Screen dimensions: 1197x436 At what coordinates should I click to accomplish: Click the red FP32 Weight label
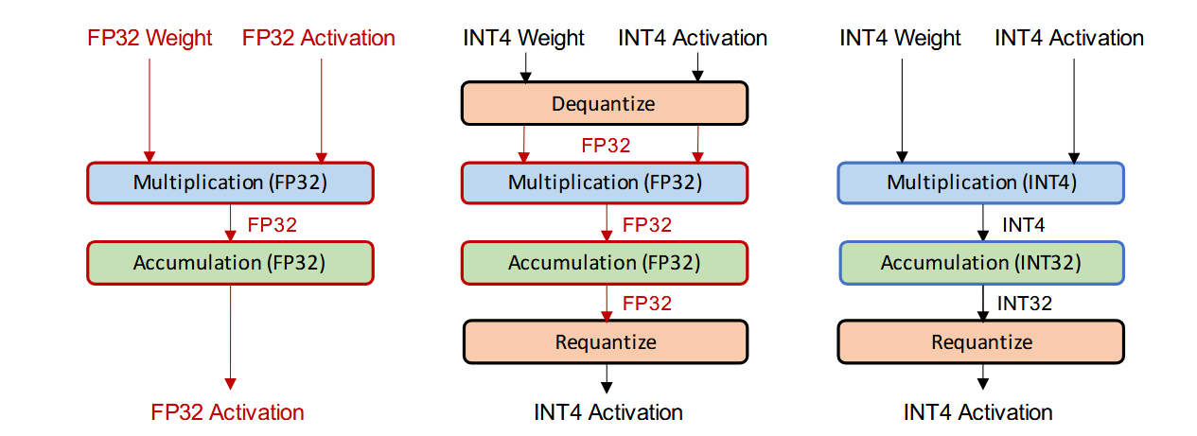(x=150, y=39)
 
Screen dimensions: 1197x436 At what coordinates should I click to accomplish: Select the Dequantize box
(x=605, y=103)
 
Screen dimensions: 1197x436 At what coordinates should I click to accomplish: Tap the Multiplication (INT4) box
(x=981, y=183)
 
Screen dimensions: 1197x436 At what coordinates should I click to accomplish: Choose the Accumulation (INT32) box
(x=981, y=263)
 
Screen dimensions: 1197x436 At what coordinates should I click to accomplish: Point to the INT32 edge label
(x=1025, y=304)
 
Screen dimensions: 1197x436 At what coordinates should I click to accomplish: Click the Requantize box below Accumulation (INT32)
(x=981, y=342)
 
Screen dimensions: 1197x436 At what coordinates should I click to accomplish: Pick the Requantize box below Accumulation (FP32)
(x=606, y=342)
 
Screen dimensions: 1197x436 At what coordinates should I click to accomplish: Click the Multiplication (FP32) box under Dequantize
(x=605, y=183)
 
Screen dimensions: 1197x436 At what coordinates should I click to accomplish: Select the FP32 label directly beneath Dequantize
(x=606, y=146)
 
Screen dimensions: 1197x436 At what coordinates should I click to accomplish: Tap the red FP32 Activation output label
(x=227, y=412)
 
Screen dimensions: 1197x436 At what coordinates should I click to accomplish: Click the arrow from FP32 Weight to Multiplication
(x=150, y=110)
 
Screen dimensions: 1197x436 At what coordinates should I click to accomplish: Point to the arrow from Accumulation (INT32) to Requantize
(x=983, y=303)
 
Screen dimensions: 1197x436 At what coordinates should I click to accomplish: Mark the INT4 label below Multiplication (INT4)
(x=1023, y=225)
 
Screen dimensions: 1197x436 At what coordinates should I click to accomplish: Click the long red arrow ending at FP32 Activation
(x=230, y=337)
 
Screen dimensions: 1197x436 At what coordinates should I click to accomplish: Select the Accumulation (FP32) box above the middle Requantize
(x=605, y=263)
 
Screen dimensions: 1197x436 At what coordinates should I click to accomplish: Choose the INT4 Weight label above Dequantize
(x=523, y=39)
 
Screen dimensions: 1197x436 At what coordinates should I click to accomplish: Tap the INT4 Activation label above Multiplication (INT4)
(x=1068, y=39)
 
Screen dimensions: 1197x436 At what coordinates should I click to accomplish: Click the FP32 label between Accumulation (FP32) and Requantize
(x=647, y=304)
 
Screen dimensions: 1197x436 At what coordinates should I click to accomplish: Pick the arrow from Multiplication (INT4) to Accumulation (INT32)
(x=983, y=223)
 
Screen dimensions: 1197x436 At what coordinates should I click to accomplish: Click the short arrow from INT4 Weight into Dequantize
(x=526, y=69)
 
